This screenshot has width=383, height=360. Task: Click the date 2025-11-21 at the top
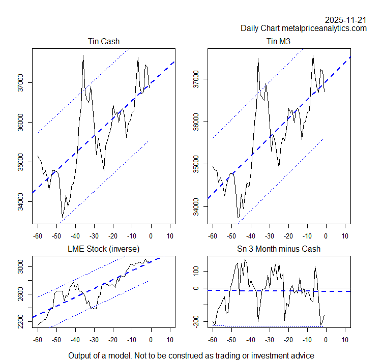[346, 20]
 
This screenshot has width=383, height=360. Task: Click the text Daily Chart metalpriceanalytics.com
[304, 28]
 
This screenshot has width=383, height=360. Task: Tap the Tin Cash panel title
[103, 41]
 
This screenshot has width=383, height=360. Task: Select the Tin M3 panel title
[279, 41]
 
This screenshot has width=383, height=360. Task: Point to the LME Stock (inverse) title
[103, 249]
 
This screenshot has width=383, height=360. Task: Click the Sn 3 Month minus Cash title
[279, 249]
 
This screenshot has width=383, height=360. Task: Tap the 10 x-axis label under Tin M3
[345, 236]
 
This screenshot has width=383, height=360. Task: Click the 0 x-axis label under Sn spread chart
[326, 340]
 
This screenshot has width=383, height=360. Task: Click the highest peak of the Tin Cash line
[83, 55]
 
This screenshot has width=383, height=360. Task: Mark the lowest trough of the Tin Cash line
[63, 217]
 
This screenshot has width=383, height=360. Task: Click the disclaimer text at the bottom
[191, 355]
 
